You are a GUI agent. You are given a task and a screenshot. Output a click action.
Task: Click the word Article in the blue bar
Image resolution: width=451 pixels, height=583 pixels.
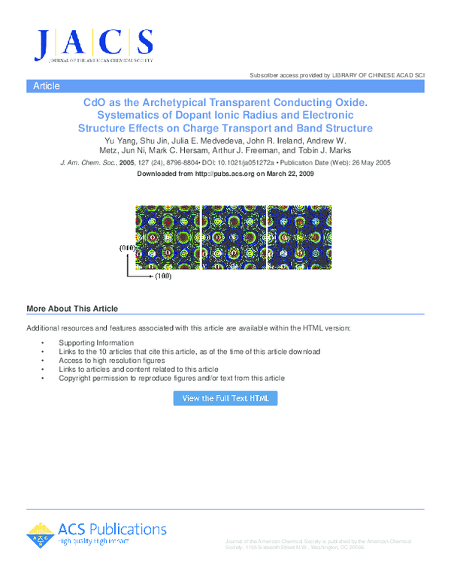47,86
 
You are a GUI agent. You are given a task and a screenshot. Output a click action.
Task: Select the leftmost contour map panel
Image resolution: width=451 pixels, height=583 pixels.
168,237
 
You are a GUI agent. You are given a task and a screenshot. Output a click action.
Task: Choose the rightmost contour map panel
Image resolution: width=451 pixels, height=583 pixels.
299,237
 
